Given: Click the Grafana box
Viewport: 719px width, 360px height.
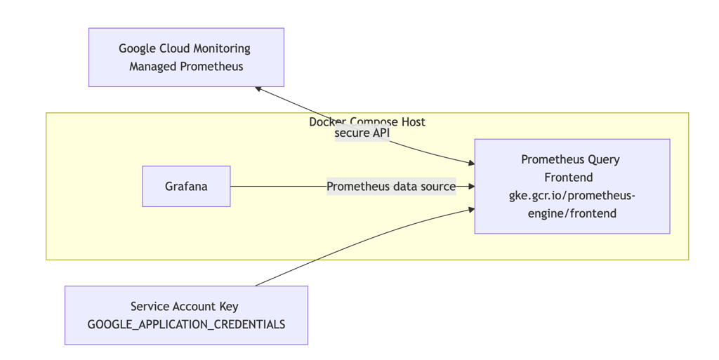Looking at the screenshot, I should coord(186,187).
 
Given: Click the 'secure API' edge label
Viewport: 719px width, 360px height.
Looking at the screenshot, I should coord(362,133).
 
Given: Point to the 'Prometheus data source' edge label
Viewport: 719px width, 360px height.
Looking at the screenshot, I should coord(391,187).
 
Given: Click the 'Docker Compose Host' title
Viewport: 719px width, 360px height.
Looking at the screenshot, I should coord(367,121).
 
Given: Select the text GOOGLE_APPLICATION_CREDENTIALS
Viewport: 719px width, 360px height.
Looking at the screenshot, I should coord(186,324).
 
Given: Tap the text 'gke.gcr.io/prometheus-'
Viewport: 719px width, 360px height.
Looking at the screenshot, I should coord(572,196).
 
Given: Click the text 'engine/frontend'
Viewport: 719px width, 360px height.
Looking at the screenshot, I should coord(572,213).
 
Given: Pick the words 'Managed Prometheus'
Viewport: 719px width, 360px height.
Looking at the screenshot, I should coord(186,67).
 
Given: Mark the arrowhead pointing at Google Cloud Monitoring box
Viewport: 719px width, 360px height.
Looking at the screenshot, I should coord(258,88).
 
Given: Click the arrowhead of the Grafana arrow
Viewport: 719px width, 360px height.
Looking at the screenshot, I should coord(471,187).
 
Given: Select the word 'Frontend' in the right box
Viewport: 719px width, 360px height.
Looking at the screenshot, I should coord(569,178).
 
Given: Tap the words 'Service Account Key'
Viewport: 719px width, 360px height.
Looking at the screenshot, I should coord(184,307).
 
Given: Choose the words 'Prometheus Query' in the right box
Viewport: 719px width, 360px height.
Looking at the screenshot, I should coord(570,159).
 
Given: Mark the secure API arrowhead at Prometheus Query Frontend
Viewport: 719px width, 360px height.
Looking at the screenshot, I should coord(471,163).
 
